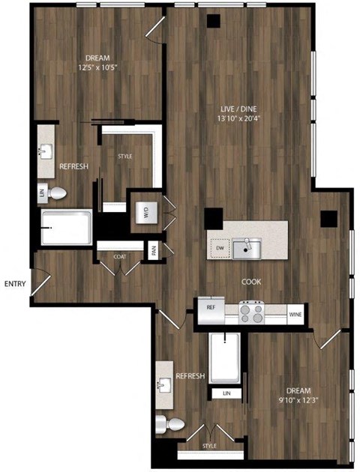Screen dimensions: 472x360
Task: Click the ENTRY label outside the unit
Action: pyautogui.click(x=16, y=284)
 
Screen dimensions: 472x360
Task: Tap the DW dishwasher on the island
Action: pyautogui.click(x=219, y=246)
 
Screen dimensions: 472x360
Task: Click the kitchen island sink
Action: pyautogui.click(x=243, y=246)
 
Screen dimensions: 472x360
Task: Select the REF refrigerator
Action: pyautogui.click(x=209, y=307)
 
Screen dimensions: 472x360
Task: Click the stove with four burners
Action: pyautogui.click(x=252, y=311)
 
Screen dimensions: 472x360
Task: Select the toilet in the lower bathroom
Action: pyautogui.click(x=172, y=425)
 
